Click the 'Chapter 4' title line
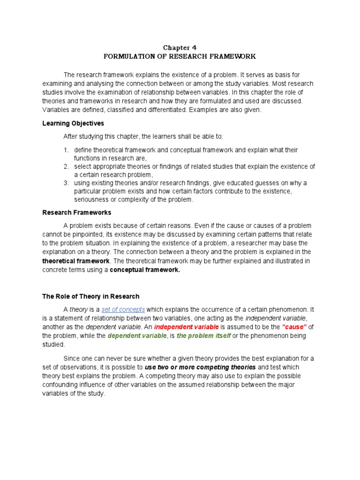pos(180,48)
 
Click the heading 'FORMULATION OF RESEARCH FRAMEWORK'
pos(180,56)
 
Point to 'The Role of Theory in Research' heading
pos(91,296)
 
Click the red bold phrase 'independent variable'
pos(186,327)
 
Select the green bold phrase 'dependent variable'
pos(136,336)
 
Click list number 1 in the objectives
pos(66,150)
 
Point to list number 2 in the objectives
pos(66,167)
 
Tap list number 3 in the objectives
pos(66,183)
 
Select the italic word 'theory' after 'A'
pos(75,310)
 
